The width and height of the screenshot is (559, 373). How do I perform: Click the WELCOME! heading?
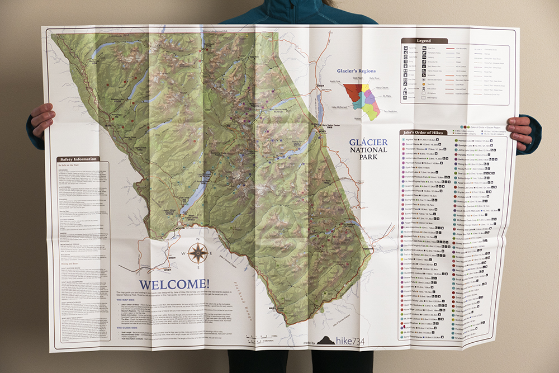[x=174, y=285]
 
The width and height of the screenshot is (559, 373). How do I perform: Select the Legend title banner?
[x=424, y=41]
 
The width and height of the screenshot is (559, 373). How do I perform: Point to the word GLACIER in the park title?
[x=368, y=142]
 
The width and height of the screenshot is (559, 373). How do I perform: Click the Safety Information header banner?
[x=78, y=159]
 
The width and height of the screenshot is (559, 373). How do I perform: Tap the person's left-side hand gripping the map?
[x=42, y=120]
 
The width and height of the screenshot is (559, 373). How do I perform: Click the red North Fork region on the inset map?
[x=352, y=91]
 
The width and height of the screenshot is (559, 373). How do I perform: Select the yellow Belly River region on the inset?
[x=365, y=88]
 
